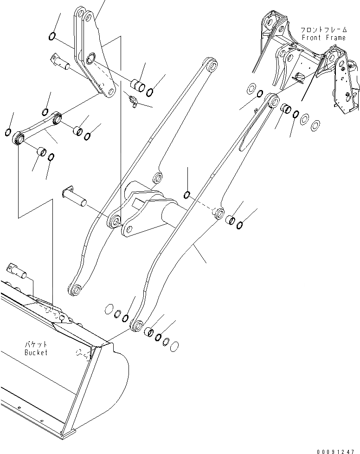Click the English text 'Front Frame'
click(x=323, y=38)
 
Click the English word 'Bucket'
click(x=36, y=352)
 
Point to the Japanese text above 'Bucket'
click(x=36, y=345)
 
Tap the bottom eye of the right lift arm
click(x=136, y=325)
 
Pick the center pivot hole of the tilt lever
click(x=91, y=58)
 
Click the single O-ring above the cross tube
click(x=187, y=194)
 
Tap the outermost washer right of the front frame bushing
click(x=315, y=124)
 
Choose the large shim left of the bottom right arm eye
click(x=109, y=309)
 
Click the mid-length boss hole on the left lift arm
click(x=158, y=177)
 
